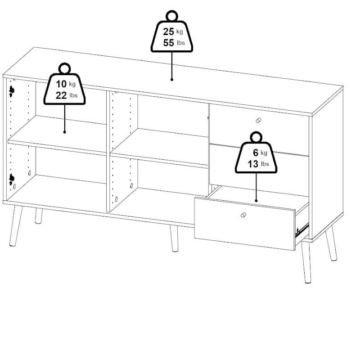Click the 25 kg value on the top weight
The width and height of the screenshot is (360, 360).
(x=173, y=31)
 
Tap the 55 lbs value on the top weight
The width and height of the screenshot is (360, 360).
(x=174, y=43)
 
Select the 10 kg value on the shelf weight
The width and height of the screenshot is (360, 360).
(x=66, y=84)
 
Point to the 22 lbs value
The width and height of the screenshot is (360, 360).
(x=66, y=95)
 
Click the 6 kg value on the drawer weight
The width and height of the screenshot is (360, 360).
(x=260, y=153)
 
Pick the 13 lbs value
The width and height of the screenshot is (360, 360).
(x=258, y=164)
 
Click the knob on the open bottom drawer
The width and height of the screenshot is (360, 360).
(x=243, y=215)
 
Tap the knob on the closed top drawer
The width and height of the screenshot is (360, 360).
(x=258, y=120)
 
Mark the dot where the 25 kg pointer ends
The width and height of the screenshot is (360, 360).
(x=172, y=80)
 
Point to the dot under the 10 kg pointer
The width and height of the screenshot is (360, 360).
(x=64, y=132)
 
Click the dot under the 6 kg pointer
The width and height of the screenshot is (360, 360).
(x=256, y=201)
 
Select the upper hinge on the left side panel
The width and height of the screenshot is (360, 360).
(x=12, y=91)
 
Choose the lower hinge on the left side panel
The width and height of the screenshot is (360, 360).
(x=12, y=179)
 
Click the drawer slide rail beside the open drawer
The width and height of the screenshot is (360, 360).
(x=302, y=230)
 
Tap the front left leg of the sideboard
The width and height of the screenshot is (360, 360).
(x=16, y=226)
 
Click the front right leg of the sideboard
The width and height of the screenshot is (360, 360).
(x=306, y=262)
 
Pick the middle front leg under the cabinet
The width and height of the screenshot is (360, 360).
(x=174, y=238)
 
